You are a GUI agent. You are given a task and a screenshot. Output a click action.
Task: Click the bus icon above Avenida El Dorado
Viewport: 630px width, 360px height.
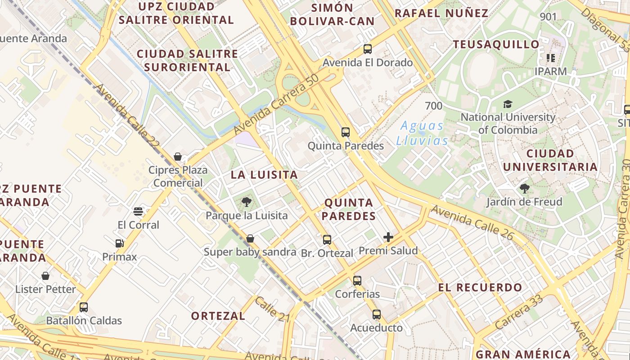368,49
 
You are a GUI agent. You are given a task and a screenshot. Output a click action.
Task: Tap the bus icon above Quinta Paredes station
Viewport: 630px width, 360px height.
346,132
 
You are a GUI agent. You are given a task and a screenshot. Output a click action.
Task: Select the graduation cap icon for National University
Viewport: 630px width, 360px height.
508,104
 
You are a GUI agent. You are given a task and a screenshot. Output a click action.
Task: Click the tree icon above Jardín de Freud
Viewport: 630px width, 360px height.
524,188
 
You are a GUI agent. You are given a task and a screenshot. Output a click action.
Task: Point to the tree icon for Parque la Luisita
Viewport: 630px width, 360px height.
246,202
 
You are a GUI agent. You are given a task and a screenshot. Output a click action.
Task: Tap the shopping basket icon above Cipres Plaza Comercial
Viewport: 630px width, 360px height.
178,157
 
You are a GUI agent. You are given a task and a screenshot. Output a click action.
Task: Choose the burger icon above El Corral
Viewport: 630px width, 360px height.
138,211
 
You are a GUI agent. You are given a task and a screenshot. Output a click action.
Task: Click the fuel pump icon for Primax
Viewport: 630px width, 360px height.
119,243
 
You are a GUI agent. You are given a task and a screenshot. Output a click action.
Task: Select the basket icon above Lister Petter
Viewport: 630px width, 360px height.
45,275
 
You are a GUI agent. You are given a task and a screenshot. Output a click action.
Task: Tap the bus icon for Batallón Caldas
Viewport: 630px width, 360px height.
84,307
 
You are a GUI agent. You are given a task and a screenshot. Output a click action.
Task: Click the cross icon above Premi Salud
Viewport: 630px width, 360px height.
388,237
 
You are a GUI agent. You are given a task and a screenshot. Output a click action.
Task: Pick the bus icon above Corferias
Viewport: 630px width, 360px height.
357,281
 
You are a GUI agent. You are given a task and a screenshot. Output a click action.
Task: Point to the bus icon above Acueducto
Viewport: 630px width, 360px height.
377,315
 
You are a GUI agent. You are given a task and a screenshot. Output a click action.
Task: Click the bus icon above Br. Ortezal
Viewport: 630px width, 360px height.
327,240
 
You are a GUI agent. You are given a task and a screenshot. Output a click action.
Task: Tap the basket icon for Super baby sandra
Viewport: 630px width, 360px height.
250,238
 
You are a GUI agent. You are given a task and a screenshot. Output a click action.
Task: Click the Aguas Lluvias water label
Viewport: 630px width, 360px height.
422,133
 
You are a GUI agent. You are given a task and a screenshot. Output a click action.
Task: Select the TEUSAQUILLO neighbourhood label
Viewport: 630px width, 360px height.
496,45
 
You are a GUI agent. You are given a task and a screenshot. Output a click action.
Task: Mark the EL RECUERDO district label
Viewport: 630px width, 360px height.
480,287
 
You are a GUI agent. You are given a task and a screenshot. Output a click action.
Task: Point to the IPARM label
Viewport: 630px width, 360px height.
550,71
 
